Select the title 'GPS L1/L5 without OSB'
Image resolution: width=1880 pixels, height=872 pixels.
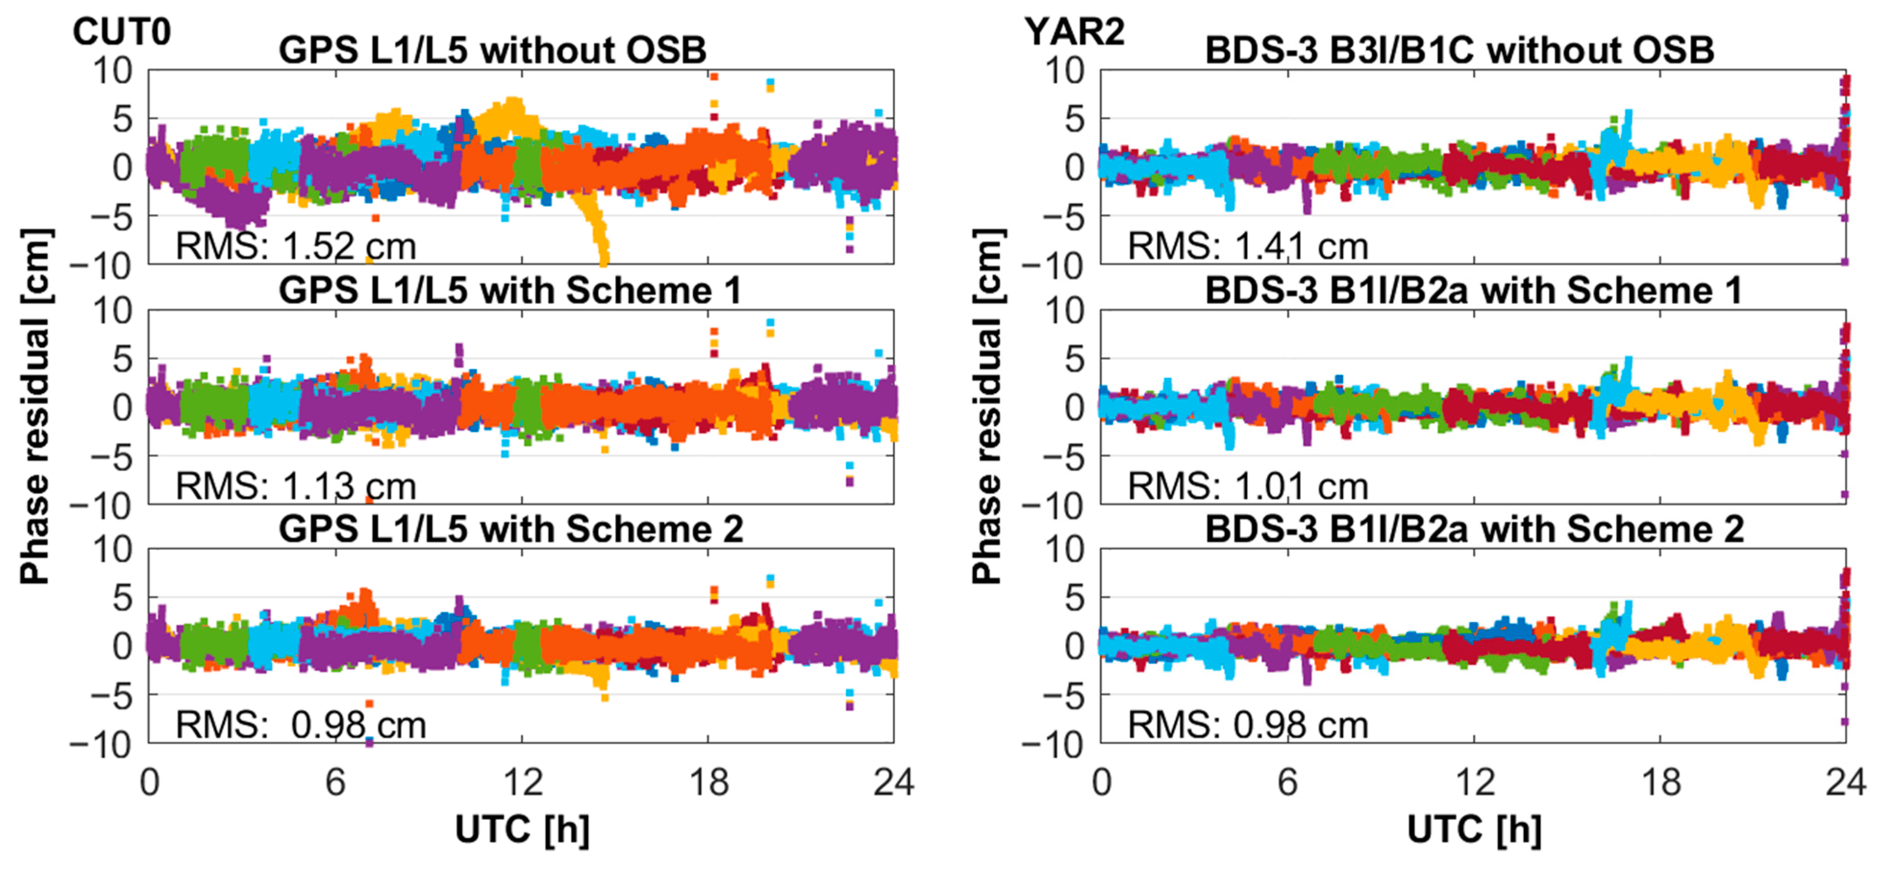point(493,50)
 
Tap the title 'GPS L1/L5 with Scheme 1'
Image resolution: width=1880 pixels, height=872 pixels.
point(510,290)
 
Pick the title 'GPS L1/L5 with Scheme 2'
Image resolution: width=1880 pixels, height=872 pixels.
point(511,529)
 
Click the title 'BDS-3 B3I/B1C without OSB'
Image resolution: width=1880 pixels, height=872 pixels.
point(1459,50)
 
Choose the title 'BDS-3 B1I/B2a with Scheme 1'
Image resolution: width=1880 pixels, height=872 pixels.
point(1473,290)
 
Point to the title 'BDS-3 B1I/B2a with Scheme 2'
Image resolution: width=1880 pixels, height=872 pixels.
point(1474,529)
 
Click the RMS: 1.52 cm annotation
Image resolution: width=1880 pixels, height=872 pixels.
point(296,246)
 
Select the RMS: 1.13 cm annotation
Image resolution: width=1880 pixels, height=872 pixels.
point(296,486)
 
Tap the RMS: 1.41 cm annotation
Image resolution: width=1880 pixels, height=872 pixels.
point(1247,246)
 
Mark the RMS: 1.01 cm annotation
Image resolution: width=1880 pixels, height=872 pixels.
point(1247,486)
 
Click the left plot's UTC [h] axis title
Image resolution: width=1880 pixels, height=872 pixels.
point(522,830)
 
